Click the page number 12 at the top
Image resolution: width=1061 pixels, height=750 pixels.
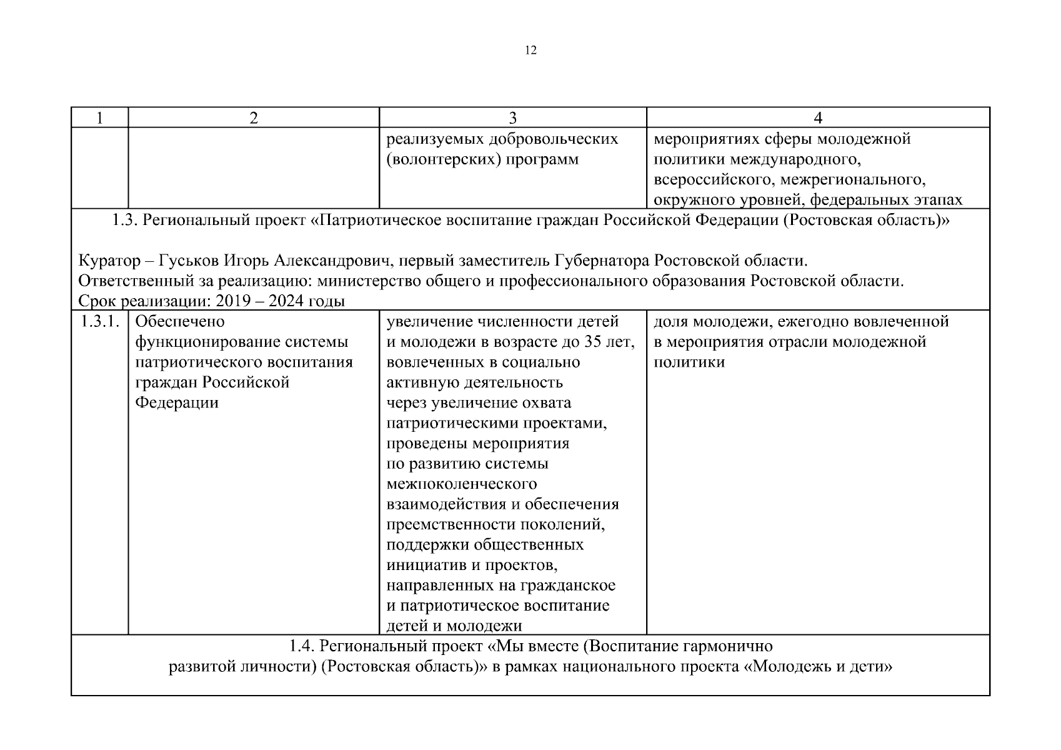[530, 51]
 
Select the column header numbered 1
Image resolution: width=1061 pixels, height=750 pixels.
[99, 118]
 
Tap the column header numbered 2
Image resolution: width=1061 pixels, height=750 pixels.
[253, 118]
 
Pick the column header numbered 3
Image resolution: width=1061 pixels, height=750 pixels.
[513, 118]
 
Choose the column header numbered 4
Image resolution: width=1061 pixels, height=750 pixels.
[818, 118]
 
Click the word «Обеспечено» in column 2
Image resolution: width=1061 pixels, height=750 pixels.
[179, 322]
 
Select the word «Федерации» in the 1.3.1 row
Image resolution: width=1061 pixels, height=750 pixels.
[177, 402]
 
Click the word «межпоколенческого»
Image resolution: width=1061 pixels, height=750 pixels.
[462, 484]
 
